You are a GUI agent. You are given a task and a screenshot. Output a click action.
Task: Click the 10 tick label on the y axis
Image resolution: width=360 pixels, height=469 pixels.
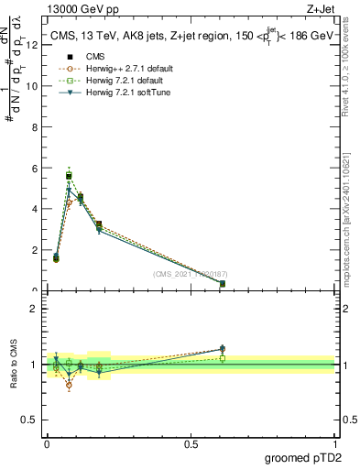click(x=33, y=86)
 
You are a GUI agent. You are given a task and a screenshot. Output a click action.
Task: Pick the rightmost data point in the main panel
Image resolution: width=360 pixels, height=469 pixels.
click(x=223, y=284)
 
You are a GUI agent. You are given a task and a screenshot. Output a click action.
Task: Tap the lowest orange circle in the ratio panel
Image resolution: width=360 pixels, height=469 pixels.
click(x=69, y=386)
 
